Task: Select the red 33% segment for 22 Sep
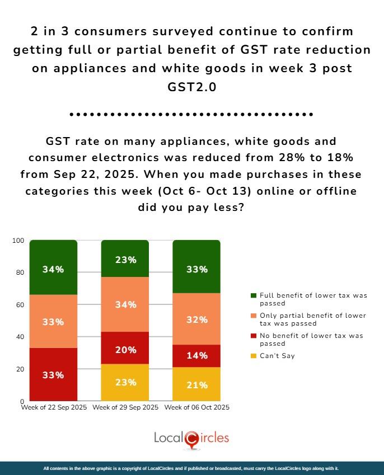pyautogui.click(x=53, y=374)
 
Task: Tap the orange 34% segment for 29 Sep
pyautogui.click(x=125, y=304)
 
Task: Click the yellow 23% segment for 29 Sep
pyautogui.click(x=125, y=383)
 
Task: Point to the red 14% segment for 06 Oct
pyautogui.click(x=196, y=355)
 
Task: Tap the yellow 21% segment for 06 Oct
pyautogui.click(x=196, y=384)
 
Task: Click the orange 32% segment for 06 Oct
pyautogui.click(x=196, y=319)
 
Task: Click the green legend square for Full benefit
pyautogui.click(x=254, y=295)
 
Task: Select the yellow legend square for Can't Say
pyautogui.click(x=254, y=356)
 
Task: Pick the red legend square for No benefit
pyautogui.click(x=254, y=336)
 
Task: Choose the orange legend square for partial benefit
pyautogui.click(x=254, y=316)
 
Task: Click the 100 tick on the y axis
pyautogui.click(x=18, y=241)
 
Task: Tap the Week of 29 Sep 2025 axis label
pyautogui.click(x=125, y=407)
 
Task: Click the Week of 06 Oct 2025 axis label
pyautogui.click(x=196, y=407)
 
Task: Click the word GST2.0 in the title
pyautogui.click(x=191, y=88)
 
